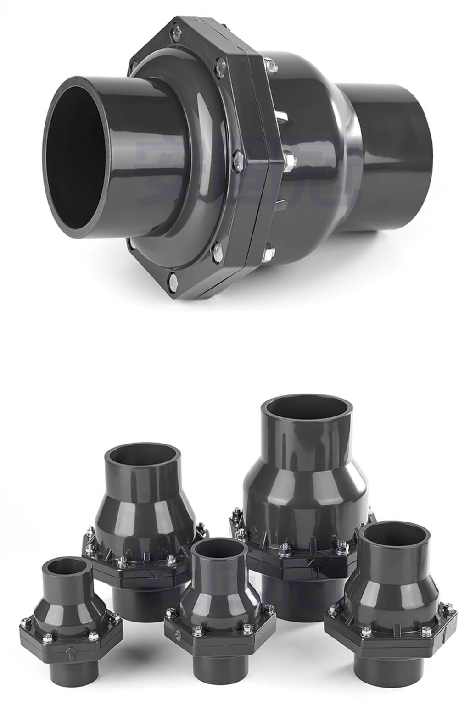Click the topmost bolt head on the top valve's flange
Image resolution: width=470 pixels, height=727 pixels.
click(x=177, y=32)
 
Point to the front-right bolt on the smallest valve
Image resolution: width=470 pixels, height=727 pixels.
click(x=94, y=636)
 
